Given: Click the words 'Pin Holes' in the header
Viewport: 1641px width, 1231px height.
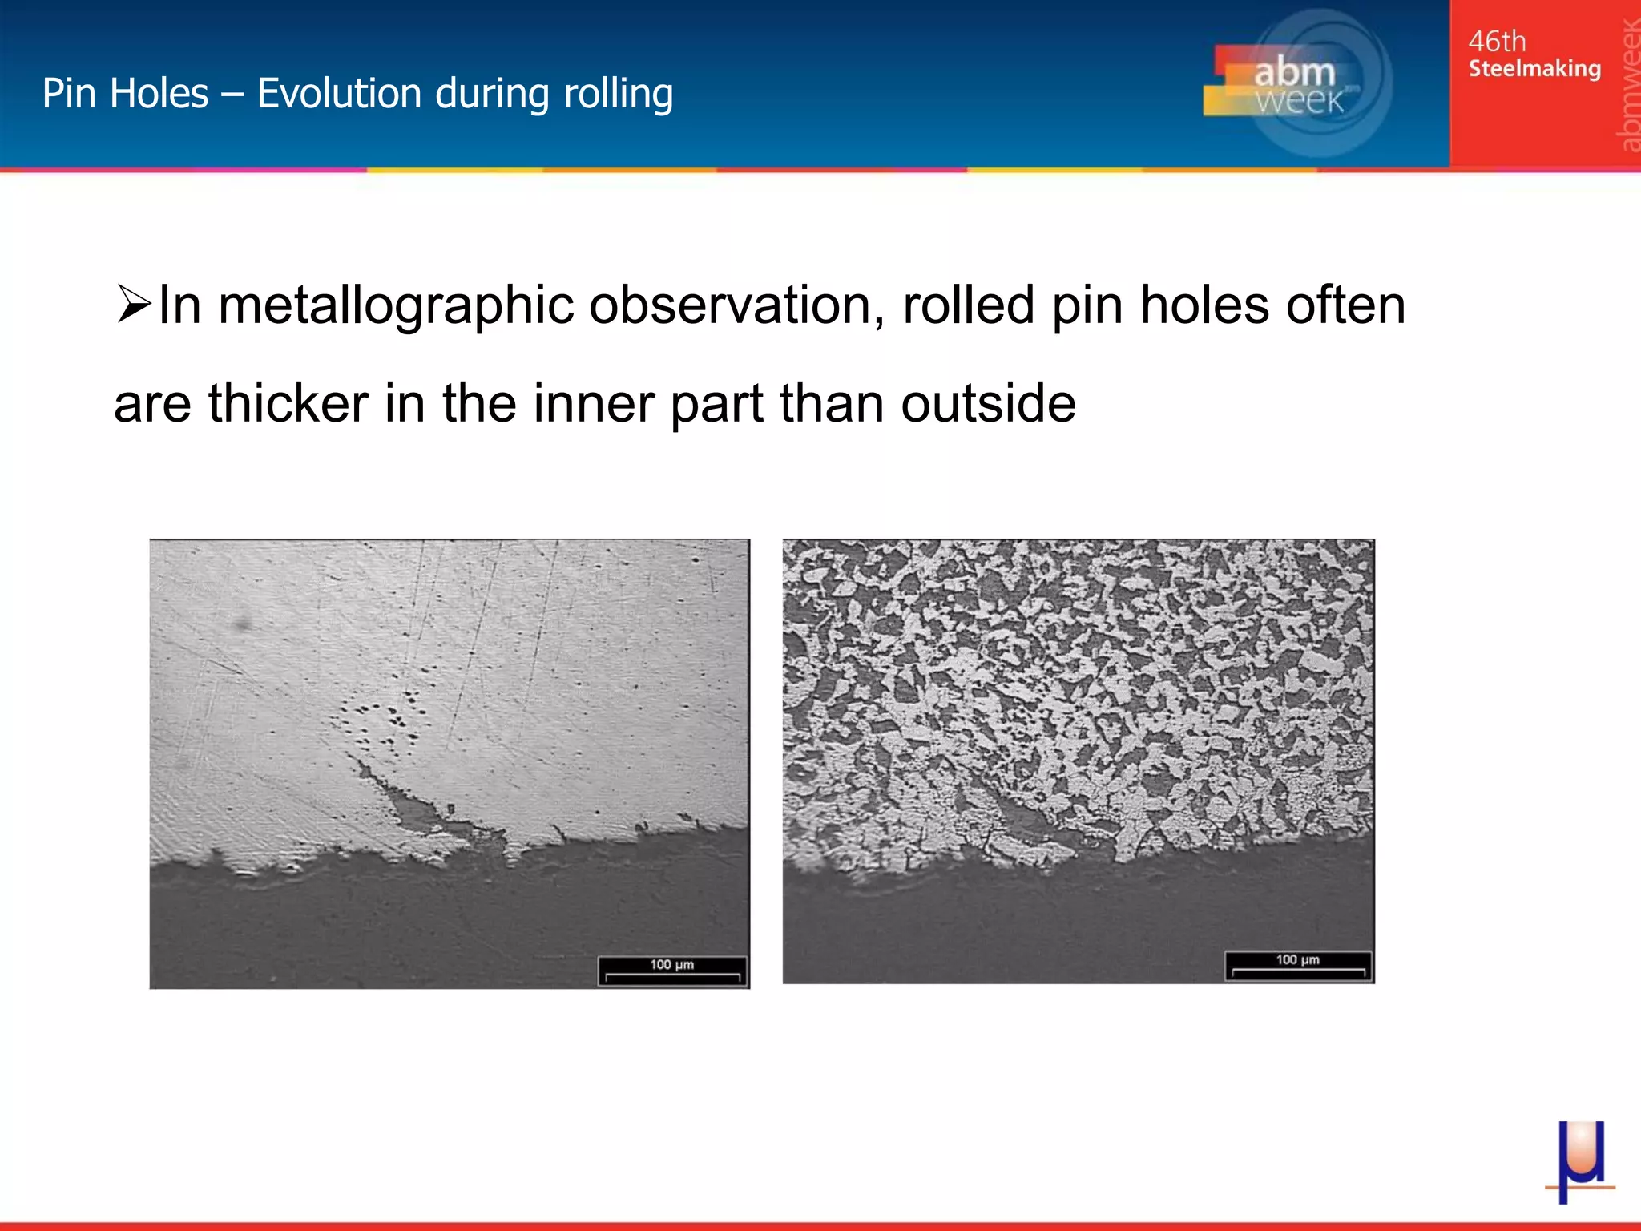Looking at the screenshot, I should coord(125,94).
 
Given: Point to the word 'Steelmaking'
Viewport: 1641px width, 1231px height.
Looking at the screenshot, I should coord(1534,69).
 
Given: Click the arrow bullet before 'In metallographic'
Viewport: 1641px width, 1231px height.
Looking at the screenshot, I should coord(133,305).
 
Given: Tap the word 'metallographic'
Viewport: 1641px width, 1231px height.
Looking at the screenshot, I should coord(396,306).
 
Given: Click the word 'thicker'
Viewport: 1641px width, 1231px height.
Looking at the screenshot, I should coord(288,403).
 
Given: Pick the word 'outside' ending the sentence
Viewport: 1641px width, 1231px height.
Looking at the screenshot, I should coord(988,403).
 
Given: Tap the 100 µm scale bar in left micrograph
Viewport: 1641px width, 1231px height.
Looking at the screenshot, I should coord(672,971).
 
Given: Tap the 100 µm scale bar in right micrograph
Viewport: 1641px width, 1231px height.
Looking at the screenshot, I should coord(1298,966).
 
